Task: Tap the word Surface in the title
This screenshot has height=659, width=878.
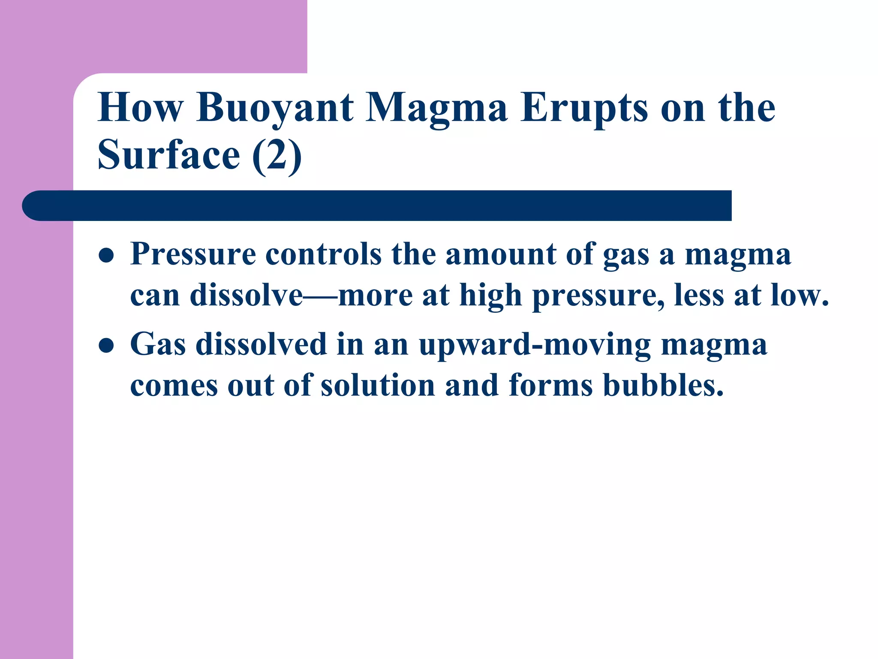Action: tap(169, 155)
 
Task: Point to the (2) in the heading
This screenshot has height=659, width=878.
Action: tap(277, 155)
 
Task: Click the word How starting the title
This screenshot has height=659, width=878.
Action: tap(140, 108)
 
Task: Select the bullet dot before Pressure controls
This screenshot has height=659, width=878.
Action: tap(106, 256)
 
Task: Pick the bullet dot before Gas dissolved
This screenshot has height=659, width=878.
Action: tap(106, 345)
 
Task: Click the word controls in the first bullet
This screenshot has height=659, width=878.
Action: tap(323, 254)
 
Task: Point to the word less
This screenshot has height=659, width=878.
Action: tap(698, 296)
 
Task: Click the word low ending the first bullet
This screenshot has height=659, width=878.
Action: tap(799, 296)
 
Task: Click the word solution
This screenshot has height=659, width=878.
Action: tap(378, 386)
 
